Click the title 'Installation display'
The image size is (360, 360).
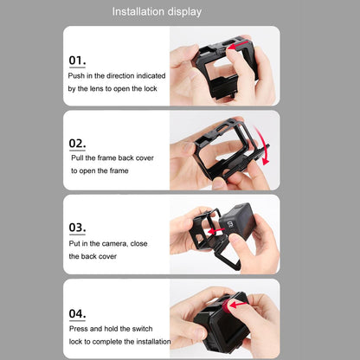click(x=169, y=12)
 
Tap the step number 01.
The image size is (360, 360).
click(x=77, y=61)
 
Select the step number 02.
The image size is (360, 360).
click(x=77, y=143)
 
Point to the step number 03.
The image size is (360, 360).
click(x=77, y=228)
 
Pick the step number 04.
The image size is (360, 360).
click(x=77, y=313)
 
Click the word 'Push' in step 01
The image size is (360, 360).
click(x=77, y=76)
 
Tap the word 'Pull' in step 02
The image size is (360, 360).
click(x=79, y=158)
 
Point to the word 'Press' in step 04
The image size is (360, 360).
click(x=80, y=330)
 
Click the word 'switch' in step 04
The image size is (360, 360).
click(x=147, y=330)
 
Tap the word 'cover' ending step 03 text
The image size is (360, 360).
click(x=111, y=257)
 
